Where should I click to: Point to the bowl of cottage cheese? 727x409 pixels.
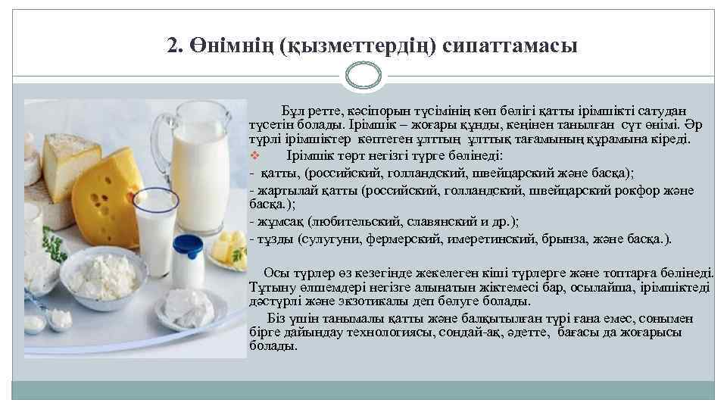tap(104, 273)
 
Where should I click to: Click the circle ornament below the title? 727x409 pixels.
tap(363, 76)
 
